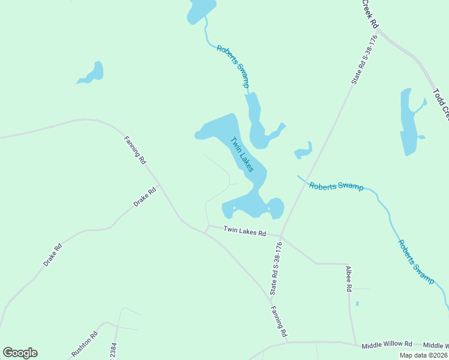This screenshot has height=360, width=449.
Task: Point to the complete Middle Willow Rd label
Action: click(x=387, y=345)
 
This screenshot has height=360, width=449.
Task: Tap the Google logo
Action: click(x=20, y=353)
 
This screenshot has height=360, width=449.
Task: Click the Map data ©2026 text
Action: click(x=423, y=355)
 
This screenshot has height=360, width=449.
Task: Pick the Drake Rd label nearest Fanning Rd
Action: click(x=145, y=197)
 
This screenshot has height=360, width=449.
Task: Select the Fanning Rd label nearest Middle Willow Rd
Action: click(x=279, y=321)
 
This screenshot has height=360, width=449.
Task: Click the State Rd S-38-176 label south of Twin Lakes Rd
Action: click(x=276, y=269)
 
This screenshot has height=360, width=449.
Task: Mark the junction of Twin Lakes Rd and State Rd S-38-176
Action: click(x=281, y=236)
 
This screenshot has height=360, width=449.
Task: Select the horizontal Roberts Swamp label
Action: click(x=336, y=186)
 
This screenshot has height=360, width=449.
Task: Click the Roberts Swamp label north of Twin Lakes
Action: click(x=233, y=67)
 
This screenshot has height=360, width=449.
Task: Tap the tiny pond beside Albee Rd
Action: click(x=357, y=304)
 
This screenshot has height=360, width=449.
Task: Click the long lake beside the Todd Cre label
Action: click(x=408, y=122)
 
